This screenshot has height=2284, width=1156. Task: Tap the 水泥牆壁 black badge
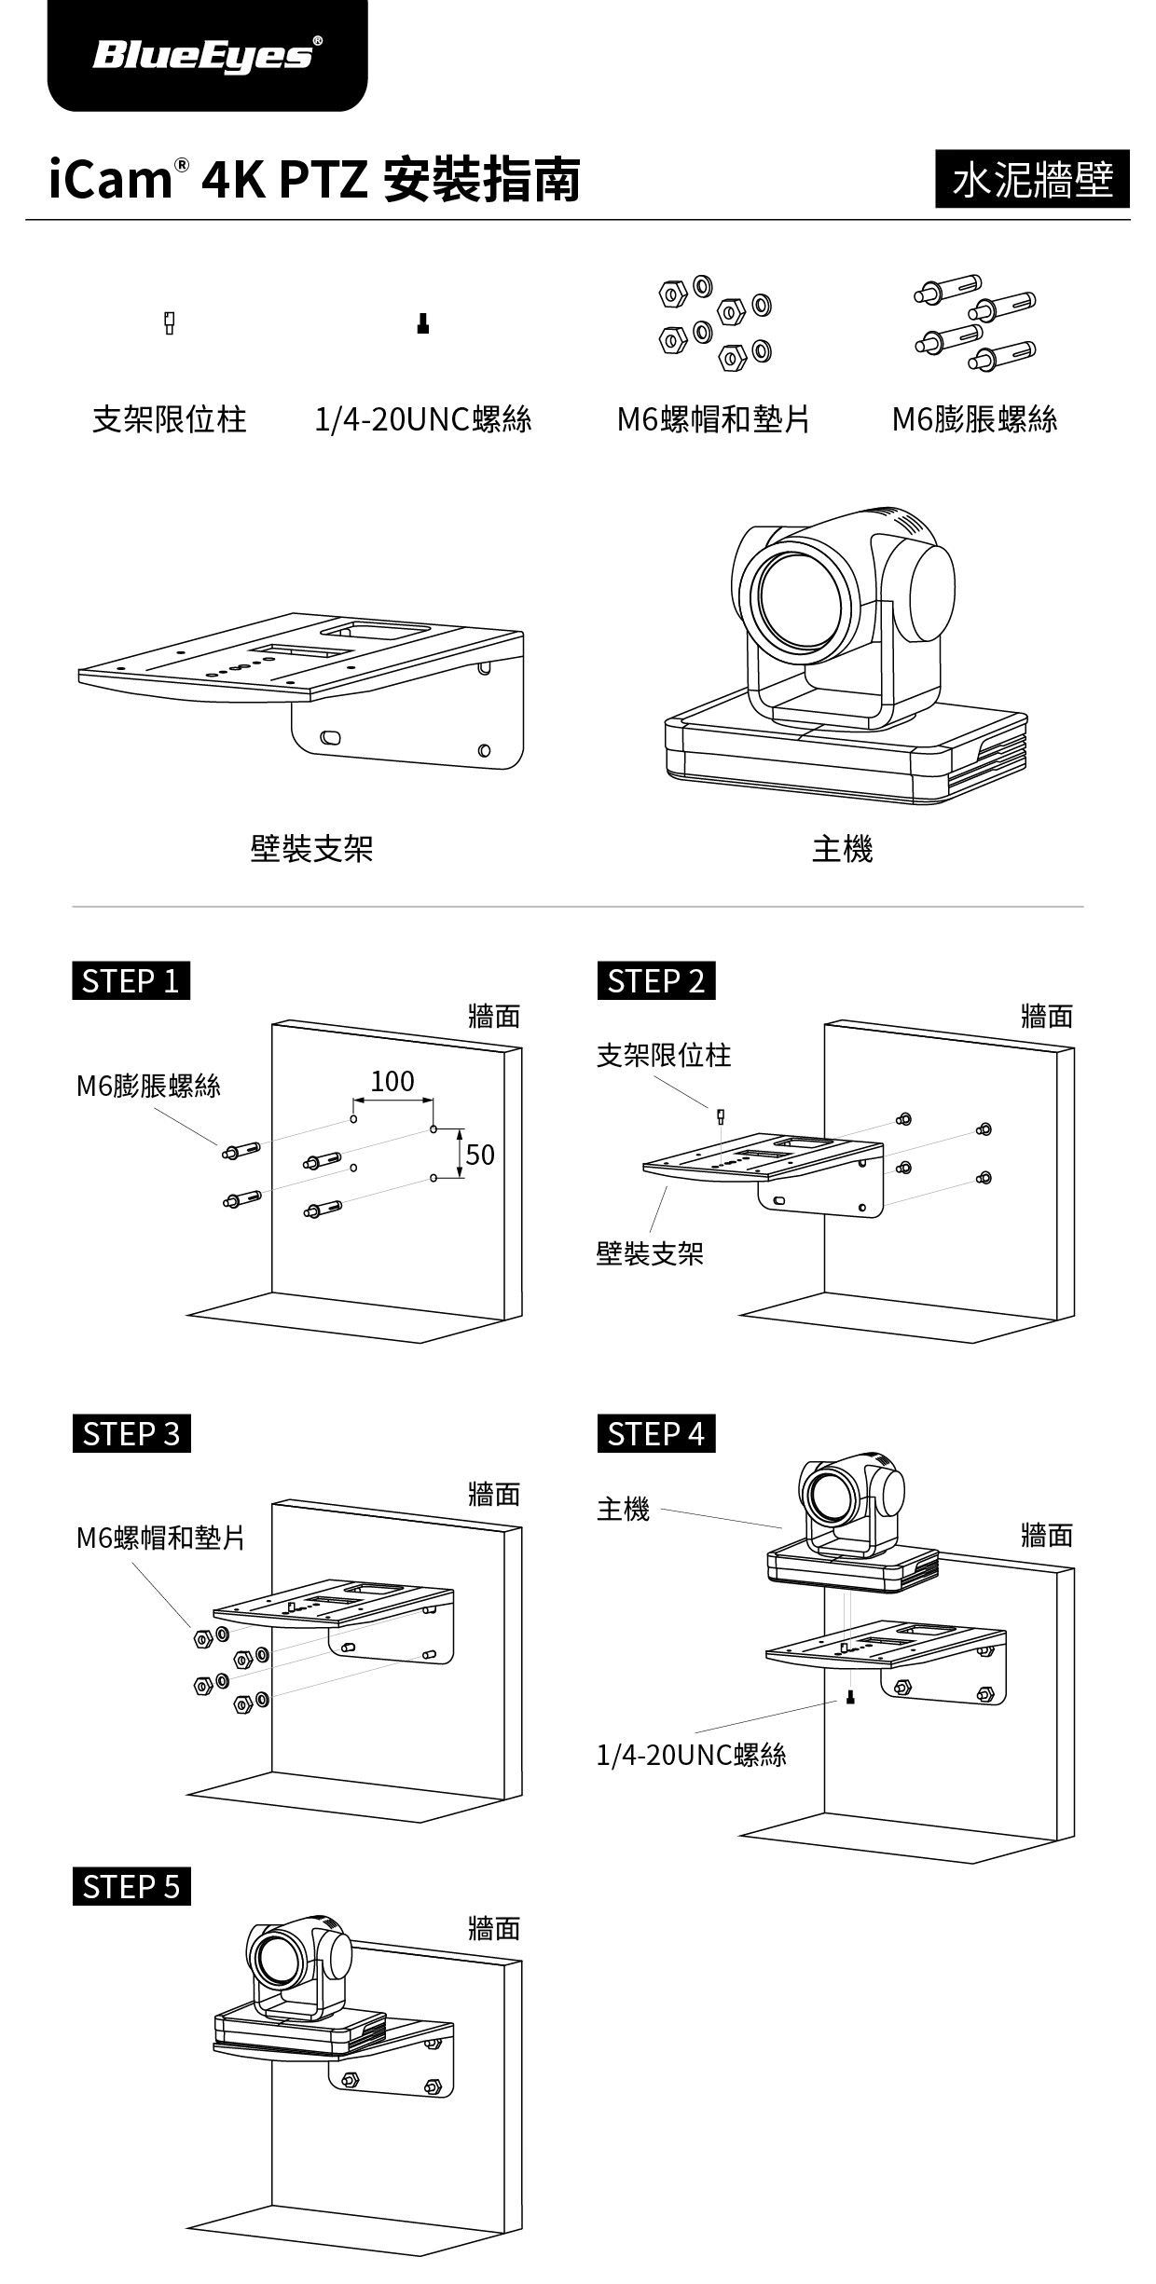point(1032,179)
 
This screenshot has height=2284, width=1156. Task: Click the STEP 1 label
point(131,981)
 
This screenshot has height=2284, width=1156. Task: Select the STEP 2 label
point(655,981)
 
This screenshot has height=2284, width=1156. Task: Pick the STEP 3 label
point(131,1433)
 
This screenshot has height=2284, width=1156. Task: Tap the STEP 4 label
point(655,1433)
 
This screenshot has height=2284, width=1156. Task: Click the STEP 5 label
point(131,1887)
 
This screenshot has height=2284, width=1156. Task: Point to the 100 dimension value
point(392,1081)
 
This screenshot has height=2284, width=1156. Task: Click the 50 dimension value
point(479,1156)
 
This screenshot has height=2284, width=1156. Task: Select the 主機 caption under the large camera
point(842,849)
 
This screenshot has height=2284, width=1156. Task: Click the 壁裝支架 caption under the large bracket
point(311,849)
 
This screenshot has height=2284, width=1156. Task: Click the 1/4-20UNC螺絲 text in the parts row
point(422,419)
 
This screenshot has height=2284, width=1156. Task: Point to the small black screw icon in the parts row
point(422,323)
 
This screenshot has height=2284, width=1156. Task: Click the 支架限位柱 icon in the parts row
point(170,322)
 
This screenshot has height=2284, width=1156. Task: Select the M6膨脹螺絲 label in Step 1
point(148,1087)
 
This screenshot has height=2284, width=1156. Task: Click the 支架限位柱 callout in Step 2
point(663,1056)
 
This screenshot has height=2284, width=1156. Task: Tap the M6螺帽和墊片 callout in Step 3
point(160,1538)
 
